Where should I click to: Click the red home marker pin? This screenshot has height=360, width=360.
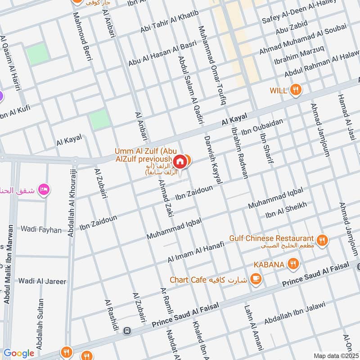[180, 161]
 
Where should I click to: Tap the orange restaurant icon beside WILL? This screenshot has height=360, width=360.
[296, 90]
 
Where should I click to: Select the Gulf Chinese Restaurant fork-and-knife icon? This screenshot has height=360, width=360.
[322, 239]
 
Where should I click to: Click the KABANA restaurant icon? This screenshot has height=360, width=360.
[293, 264]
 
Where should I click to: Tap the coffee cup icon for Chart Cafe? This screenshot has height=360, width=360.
[256, 279]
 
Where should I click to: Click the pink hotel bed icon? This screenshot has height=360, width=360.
[44, 188]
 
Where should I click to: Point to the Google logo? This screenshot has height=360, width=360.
[19, 353]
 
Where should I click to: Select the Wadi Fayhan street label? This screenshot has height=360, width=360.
[40, 229]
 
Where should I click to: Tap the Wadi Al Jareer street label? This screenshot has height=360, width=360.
[42, 281]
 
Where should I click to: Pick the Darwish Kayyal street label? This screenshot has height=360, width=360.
[213, 159]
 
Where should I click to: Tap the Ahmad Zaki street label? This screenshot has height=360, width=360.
[166, 196]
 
